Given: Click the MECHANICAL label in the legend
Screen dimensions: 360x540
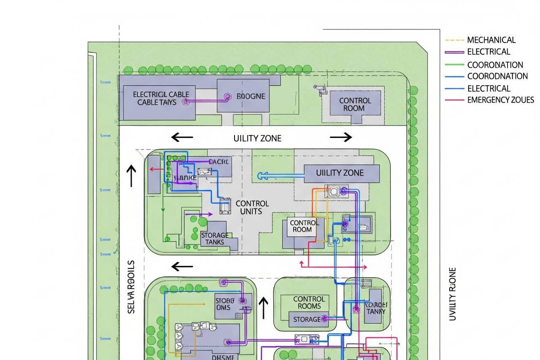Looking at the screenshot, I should click(491, 40).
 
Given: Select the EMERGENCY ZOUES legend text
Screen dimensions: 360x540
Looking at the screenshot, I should click(500, 100).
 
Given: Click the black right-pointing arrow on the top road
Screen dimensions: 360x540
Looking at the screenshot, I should click(341, 137).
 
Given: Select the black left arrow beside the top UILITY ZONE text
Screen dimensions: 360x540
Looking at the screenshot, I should click(182, 137).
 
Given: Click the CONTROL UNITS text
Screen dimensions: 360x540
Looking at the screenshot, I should click(252, 208).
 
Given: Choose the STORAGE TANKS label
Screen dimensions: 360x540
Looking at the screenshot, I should click(215, 238).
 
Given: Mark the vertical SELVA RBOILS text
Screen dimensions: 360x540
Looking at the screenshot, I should click(131, 287).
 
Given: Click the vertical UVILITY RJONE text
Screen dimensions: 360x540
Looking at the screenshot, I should click(452, 294).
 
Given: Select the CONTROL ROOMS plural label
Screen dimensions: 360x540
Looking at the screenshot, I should click(309, 303).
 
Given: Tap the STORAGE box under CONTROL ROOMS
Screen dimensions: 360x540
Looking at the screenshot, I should click(307, 319).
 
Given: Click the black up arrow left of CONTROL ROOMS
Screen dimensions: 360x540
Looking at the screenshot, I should click(263, 308).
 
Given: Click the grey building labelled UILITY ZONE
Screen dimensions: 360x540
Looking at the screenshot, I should click(341, 173).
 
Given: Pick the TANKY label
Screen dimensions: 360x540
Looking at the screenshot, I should click(375, 308).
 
